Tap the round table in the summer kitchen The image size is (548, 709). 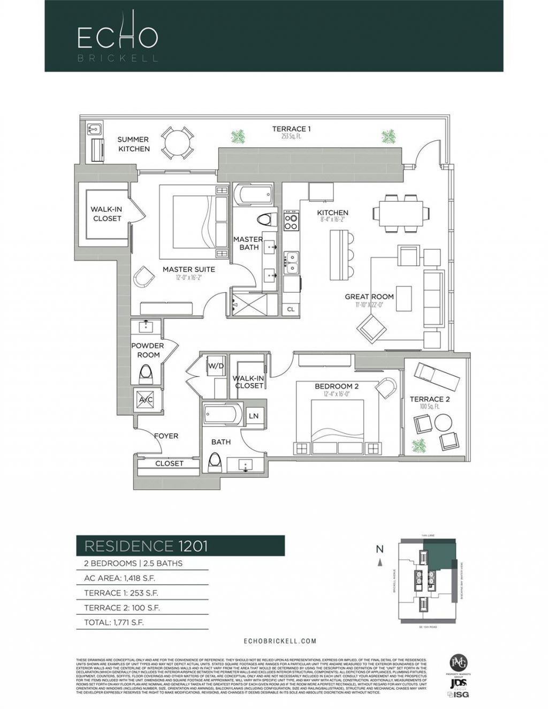[x=177, y=143]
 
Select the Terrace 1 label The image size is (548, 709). [x=291, y=129]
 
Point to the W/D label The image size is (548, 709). [x=216, y=367]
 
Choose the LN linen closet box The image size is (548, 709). [x=254, y=416]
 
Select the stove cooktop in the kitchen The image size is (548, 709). [x=291, y=221]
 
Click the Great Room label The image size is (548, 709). [x=369, y=296]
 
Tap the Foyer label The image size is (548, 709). [x=166, y=436]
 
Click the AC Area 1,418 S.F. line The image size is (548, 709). [x=120, y=578]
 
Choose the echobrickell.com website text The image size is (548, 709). [x=279, y=641]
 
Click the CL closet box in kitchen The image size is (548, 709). [x=291, y=309]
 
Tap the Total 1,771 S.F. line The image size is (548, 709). [x=114, y=622]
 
